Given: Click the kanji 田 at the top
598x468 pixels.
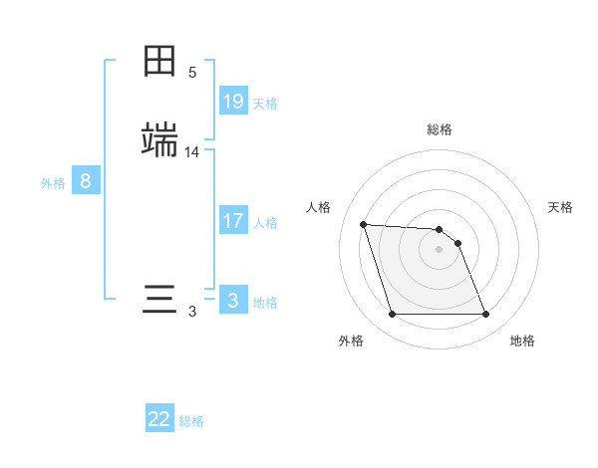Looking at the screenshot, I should tap(159, 62).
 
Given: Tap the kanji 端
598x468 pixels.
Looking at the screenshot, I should tap(159, 140).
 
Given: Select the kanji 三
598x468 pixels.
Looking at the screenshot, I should tap(159, 300).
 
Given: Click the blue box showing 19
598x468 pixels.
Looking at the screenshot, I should tap(233, 101).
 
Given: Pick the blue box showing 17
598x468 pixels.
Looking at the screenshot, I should tap(233, 221).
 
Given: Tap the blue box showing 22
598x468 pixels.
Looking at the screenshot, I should tap(159, 419).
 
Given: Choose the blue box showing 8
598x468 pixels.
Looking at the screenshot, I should tap(86, 181).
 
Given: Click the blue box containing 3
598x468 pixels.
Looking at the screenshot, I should tap(233, 300).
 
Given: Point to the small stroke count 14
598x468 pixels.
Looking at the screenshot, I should tap(192, 152).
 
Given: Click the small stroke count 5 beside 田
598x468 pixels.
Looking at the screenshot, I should tap(192, 73).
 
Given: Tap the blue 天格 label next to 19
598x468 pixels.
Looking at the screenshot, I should tap(265, 103).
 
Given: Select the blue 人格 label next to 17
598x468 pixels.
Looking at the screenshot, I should tap(265, 223).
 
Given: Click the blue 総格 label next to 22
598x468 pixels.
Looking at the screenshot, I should tap(191, 421).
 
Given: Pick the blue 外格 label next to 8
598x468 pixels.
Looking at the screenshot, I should tap(53, 183).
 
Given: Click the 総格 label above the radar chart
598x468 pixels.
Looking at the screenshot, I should tap(440, 129).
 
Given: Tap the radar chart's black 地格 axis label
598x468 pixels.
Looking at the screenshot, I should tap(522, 341).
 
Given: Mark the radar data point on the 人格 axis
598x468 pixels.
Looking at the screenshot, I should tap(364, 224).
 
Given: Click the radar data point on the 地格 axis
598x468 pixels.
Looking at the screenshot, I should tap(486, 315).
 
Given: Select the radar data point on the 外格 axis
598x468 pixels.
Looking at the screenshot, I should tap(392, 315).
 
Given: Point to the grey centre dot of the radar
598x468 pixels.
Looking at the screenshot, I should tap(440, 249).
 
